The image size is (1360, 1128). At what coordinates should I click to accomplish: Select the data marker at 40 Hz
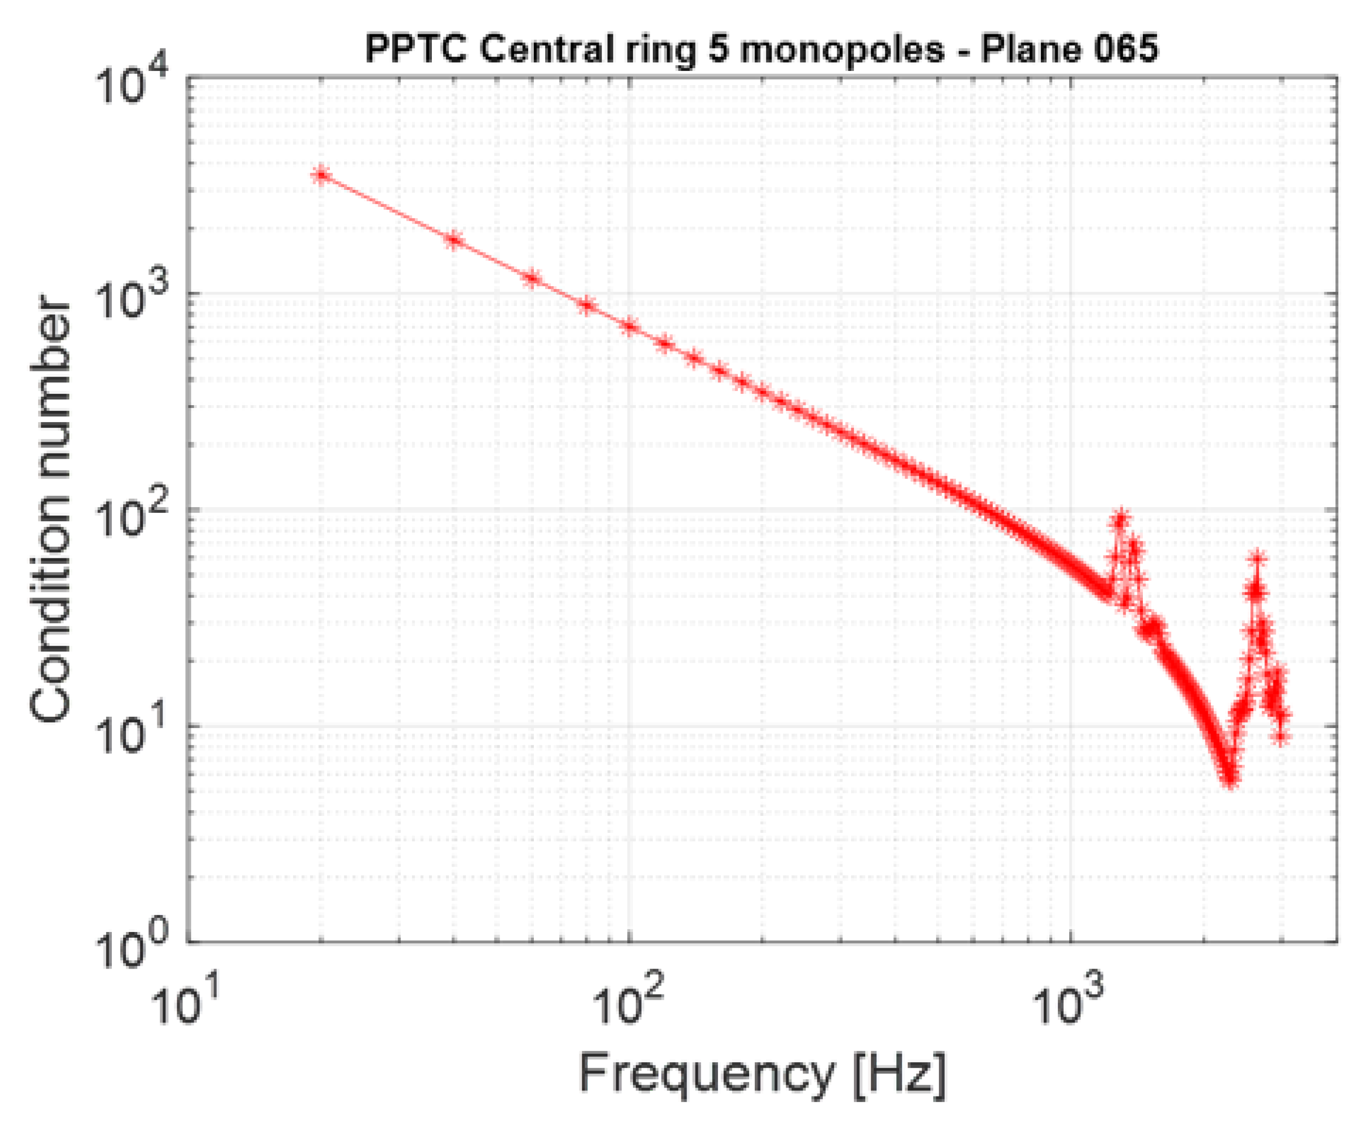[454, 240]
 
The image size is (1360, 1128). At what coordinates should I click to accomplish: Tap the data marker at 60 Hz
[531, 278]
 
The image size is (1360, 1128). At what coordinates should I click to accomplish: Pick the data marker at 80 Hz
[587, 305]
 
